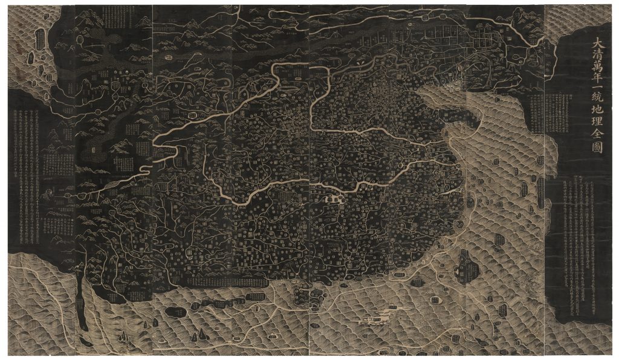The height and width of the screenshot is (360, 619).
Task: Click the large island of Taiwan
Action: click(x=464, y=266)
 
